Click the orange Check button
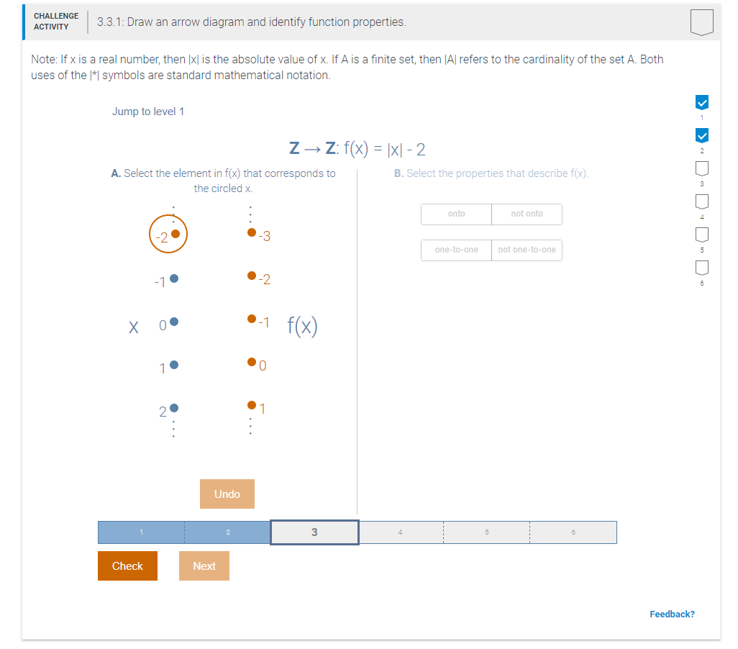coord(127,566)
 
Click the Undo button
coord(227,494)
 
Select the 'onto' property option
coord(456,214)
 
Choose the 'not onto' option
coord(527,214)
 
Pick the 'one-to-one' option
coord(456,250)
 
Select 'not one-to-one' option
coord(527,250)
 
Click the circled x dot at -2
coord(175,234)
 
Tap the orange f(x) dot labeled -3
coord(251,232)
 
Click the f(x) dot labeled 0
coord(251,362)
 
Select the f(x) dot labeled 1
coord(251,404)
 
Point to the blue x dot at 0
coord(173,322)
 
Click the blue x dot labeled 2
coord(173,408)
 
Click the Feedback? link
coord(672,614)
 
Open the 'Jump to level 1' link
coord(148,112)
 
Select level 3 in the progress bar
coord(314,532)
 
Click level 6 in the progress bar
coord(573,532)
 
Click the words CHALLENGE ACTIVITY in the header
coord(55,22)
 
